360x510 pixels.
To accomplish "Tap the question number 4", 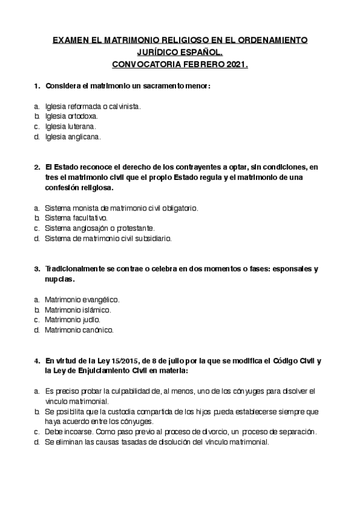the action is tap(36, 361).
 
